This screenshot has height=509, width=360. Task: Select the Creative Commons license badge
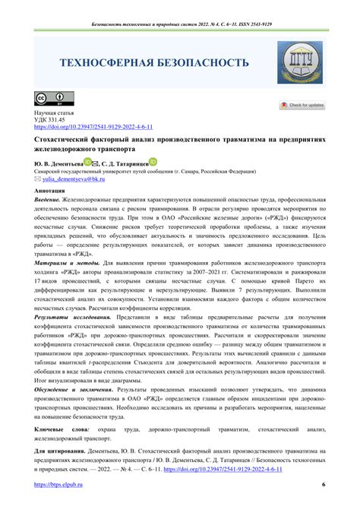pos(43,100)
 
